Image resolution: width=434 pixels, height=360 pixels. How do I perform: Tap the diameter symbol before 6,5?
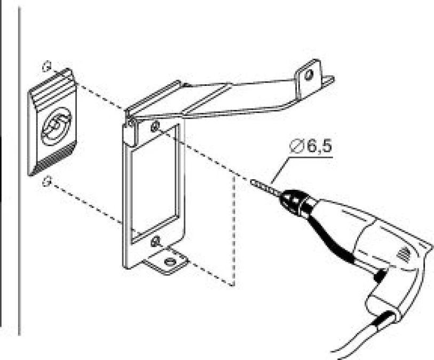tap(296, 146)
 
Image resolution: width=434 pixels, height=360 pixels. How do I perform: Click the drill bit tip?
tap(252, 182)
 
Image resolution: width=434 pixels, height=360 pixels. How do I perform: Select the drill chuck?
tap(293, 199)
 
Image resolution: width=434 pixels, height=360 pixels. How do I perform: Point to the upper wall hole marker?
tap(47, 66)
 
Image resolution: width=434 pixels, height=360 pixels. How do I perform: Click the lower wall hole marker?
tap(47, 181)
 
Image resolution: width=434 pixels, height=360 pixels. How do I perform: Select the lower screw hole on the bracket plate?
tap(155, 242)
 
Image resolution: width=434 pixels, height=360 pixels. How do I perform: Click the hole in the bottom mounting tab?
tap(169, 261)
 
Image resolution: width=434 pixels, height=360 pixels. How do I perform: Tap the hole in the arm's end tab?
tap(309, 74)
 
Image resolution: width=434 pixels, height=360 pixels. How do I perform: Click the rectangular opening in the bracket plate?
tap(155, 184)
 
